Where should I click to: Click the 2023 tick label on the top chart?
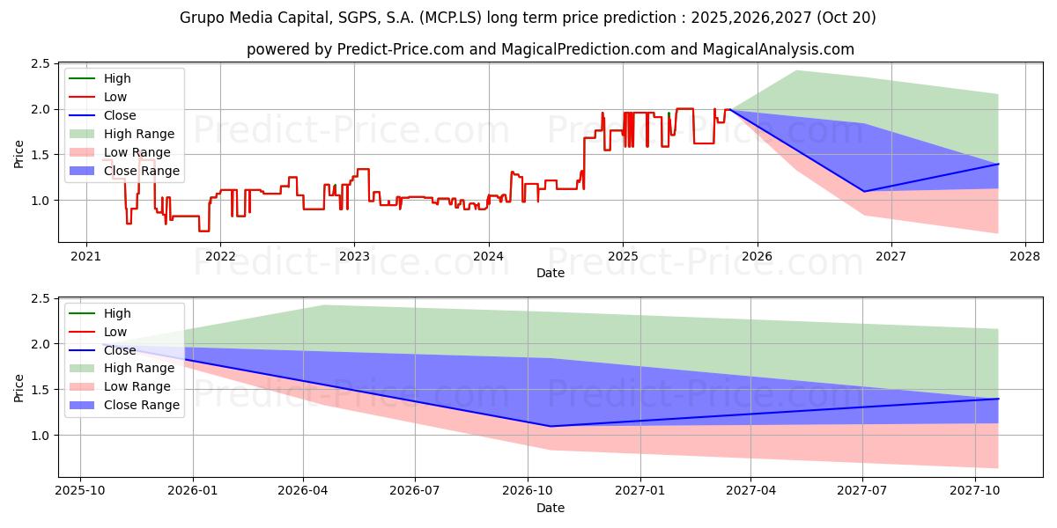tap(354, 256)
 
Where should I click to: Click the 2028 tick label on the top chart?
tap(1025, 256)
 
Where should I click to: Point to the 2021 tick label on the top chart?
tap(85, 256)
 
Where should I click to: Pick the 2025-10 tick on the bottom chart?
tap(80, 491)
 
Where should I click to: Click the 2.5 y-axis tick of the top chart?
tap(39, 64)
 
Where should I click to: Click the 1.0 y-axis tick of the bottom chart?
tap(39, 436)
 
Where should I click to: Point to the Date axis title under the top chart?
tap(551, 274)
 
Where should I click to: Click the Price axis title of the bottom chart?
tap(19, 387)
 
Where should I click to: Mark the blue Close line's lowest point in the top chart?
tap(864, 191)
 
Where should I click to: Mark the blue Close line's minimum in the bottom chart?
tap(551, 427)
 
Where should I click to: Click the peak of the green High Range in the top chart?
tap(796, 70)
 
